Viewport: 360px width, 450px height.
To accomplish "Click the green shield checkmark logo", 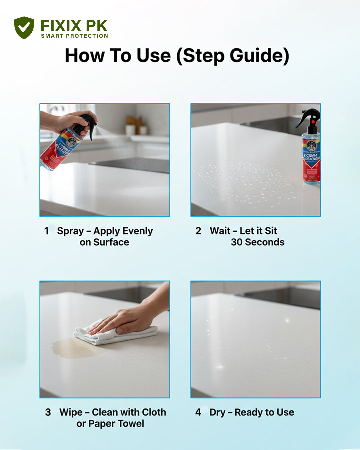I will (24, 28).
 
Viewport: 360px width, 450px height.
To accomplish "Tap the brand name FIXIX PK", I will (74, 26).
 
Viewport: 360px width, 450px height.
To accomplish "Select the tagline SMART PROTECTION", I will (74, 36).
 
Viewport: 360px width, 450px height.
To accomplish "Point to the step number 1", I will (47, 231).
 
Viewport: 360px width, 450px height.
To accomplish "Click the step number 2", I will (198, 231).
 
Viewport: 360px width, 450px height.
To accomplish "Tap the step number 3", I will (48, 412).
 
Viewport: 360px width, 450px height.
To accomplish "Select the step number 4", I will (198, 412).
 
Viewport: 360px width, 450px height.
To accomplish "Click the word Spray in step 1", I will (70, 231).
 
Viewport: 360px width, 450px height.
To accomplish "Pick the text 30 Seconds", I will (257, 242).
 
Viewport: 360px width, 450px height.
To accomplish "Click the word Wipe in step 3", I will (71, 412).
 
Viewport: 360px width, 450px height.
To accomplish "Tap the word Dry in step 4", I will (217, 412).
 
